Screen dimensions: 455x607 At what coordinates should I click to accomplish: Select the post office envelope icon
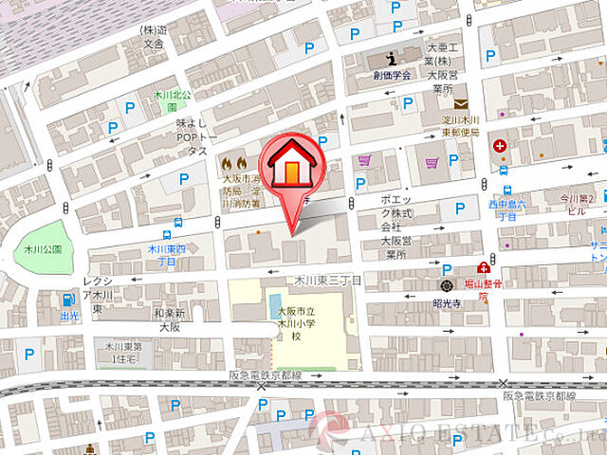pos(460,103)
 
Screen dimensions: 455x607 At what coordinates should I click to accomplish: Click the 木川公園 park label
pos(38,248)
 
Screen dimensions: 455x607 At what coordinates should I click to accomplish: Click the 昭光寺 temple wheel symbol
pos(446,284)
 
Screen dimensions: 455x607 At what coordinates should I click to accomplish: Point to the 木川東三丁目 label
pos(327,281)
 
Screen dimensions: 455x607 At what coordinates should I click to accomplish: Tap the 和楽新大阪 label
pos(169,318)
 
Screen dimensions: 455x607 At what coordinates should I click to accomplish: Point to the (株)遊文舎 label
pos(154,36)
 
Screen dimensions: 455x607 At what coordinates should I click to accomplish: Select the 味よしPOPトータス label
pos(192,136)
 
